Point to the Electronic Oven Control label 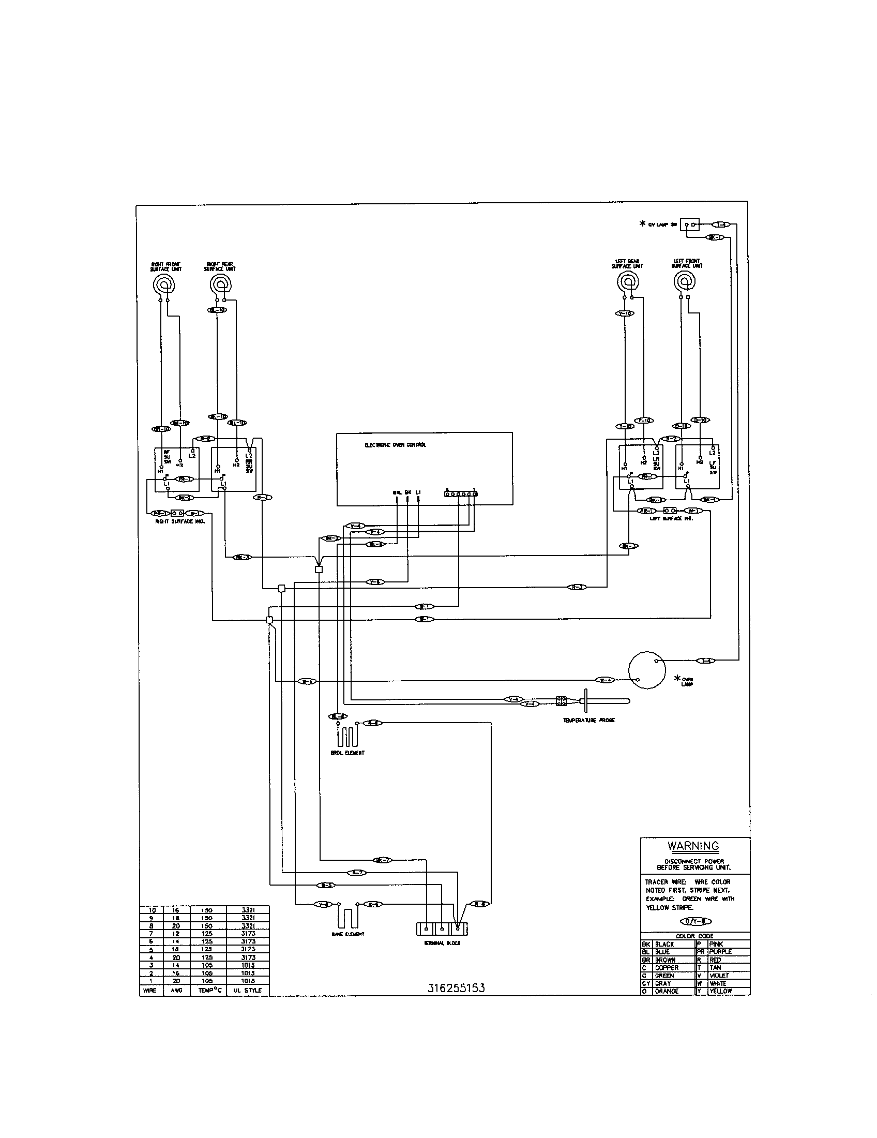pos(395,445)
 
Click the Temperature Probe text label pos(588,720)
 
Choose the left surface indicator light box pos(670,511)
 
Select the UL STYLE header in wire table pos(247,990)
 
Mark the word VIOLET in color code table pos(719,976)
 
